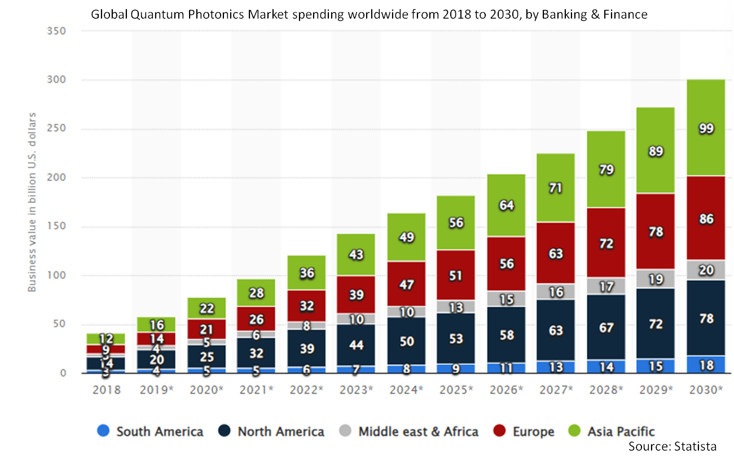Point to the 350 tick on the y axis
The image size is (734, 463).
58,32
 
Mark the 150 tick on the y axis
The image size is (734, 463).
58,227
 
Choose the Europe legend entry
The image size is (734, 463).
533,432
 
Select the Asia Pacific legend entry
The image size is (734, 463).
621,432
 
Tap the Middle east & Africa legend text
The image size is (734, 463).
418,432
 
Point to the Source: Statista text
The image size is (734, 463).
673,446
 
